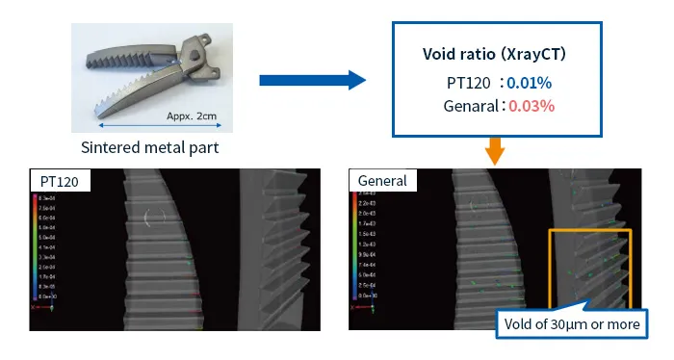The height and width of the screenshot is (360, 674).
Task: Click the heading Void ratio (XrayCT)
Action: click(494, 55)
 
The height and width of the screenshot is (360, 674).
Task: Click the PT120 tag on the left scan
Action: click(60, 181)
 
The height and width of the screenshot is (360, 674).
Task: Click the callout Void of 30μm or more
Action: click(572, 323)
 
